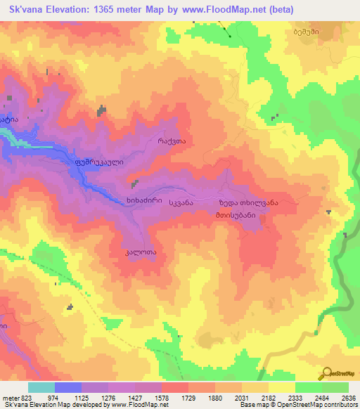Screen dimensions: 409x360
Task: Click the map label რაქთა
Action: (x=172, y=141)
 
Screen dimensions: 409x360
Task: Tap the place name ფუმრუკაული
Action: (x=98, y=161)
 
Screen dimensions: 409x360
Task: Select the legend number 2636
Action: (x=347, y=397)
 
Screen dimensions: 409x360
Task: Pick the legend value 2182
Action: (x=269, y=397)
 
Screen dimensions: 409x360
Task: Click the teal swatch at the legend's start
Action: (x=41, y=387)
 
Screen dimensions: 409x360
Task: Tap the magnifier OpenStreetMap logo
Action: (x=329, y=372)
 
